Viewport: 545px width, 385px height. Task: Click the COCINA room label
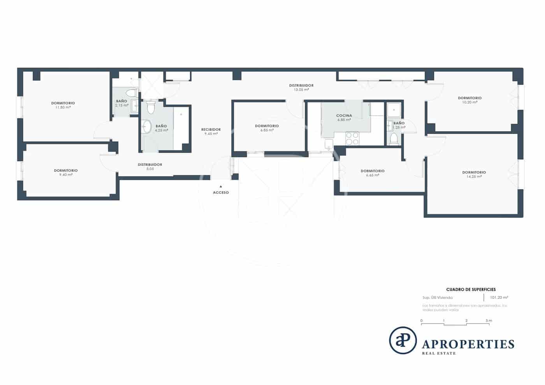(x=344, y=116)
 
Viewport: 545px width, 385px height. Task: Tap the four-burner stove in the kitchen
(x=352, y=139)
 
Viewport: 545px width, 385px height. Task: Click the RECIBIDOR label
(x=211, y=130)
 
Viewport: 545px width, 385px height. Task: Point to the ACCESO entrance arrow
(x=221, y=186)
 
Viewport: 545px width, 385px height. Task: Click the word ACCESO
(x=221, y=193)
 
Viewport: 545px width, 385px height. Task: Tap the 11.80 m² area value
(x=63, y=107)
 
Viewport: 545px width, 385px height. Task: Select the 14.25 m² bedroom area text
(x=474, y=176)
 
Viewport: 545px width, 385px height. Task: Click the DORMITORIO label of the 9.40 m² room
(x=65, y=171)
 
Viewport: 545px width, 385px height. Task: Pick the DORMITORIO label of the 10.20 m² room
(x=469, y=98)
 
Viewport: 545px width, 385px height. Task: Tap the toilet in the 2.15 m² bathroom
(x=132, y=93)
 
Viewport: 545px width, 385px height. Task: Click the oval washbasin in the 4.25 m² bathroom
(x=147, y=127)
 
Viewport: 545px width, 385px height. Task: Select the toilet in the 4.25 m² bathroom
(x=151, y=107)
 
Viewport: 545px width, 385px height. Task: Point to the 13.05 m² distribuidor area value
(x=301, y=90)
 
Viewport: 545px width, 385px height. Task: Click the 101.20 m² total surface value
(x=499, y=297)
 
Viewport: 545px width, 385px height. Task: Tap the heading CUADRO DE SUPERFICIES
(x=471, y=290)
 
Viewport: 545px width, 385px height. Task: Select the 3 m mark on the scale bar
(x=489, y=321)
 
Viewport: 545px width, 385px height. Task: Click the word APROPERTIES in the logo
(x=468, y=344)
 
